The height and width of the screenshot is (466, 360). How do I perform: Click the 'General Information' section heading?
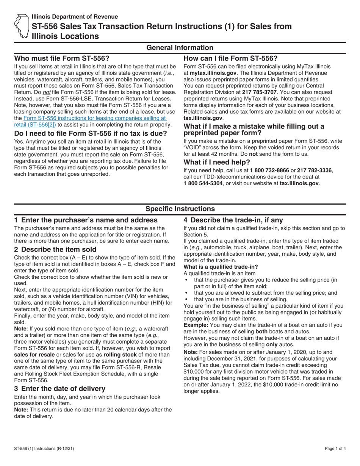[x=180, y=48]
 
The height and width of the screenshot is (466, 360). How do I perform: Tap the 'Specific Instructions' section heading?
[x=180, y=209]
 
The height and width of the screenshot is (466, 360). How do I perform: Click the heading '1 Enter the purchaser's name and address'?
[x=86, y=220]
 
